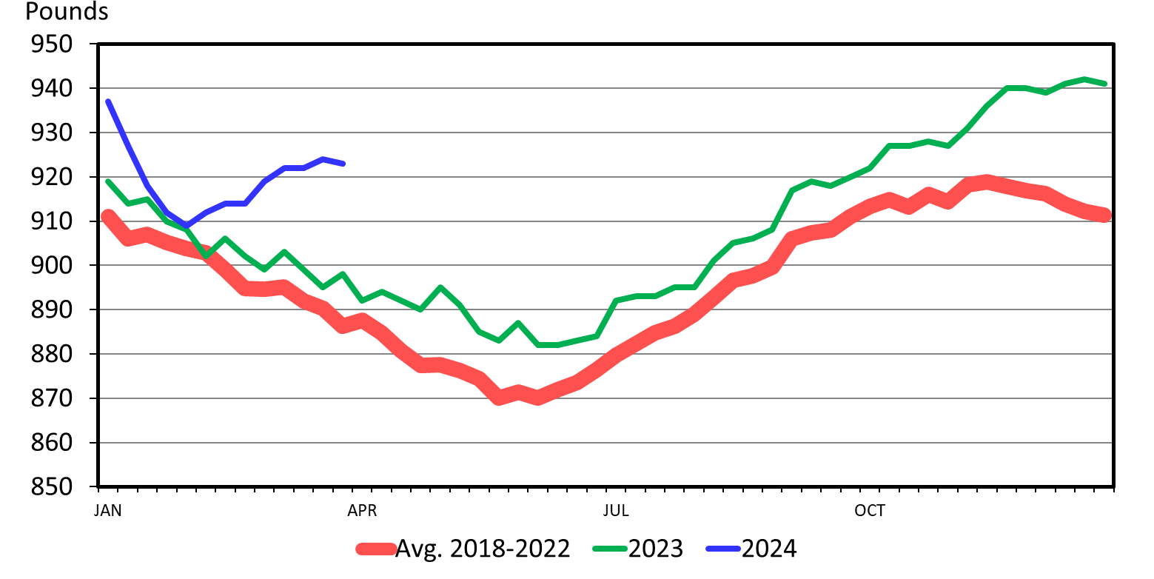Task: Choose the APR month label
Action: [x=362, y=511]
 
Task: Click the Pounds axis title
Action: [x=67, y=13]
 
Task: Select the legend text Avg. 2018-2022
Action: [x=483, y=549]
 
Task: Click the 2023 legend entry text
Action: [x=656, y=549]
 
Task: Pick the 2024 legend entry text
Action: [x=768, y=549]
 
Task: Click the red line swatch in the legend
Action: [x=375, y=549]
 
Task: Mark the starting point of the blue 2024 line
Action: [x=108, y=101]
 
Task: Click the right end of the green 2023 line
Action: [x=1105, y=84]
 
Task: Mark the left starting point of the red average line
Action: [x=107, y=216]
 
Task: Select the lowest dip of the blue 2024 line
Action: [x=187, y=225]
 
